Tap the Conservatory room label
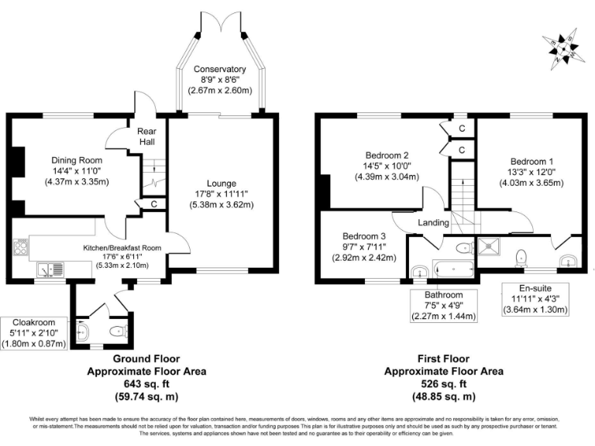[220, 70]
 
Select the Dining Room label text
[64, 160]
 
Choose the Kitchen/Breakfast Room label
[122, 248]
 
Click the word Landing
[434, 223]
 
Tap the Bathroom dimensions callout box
[443, 305]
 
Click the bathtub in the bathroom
[453, 270]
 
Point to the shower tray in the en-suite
[490, 248]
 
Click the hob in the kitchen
[21, 248]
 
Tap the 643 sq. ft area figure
[146, 384]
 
